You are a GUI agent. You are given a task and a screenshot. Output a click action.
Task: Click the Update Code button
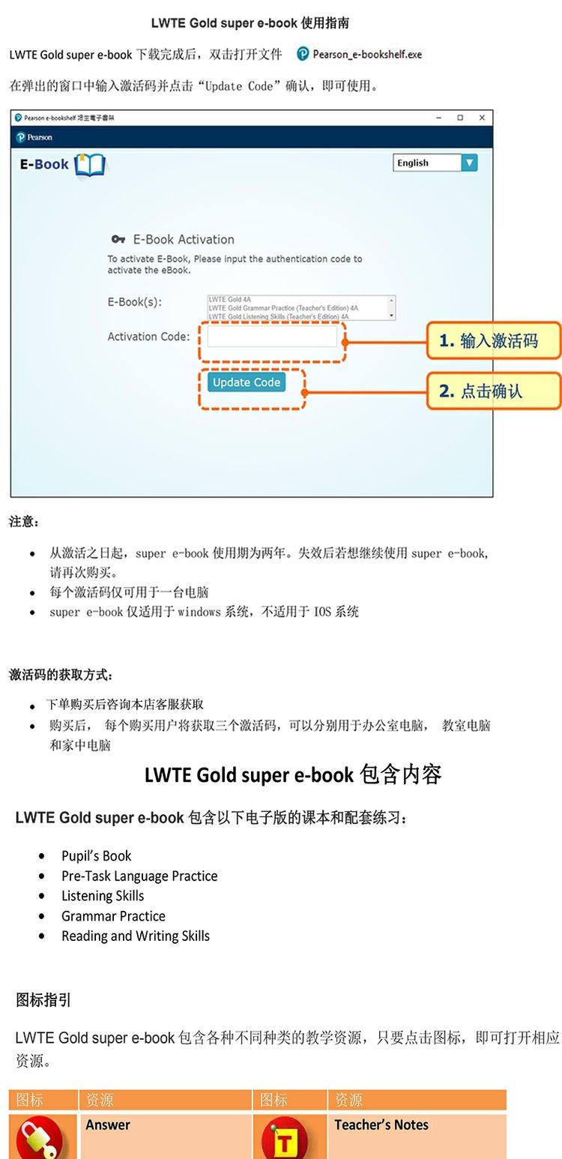pos(247,382)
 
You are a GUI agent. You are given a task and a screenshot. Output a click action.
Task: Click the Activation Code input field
pos(273,337)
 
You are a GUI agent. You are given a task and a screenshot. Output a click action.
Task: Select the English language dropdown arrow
pos(469,163)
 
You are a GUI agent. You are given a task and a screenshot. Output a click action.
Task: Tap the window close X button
pos(482,118)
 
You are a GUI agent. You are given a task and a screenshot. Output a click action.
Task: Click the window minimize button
pos(439,118)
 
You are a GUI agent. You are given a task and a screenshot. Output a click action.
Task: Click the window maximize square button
pos(460,118)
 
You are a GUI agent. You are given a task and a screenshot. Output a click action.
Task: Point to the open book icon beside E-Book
pos(90,165)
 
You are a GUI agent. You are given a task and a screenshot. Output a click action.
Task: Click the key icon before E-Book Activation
pos(118,239)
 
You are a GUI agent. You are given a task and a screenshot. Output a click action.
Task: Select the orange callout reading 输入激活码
pos(494,341)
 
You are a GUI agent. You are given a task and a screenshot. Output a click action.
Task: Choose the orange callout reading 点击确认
pos(494,391)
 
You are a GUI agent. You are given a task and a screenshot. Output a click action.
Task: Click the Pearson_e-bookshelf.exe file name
pos(367,54)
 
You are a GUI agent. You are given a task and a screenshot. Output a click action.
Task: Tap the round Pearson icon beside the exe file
pos(303,54)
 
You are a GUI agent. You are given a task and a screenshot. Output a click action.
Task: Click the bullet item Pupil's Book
pos(96,855)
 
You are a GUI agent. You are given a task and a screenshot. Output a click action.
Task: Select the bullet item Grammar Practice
pos(113,915)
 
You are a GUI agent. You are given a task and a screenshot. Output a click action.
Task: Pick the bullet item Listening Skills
pos(103,896)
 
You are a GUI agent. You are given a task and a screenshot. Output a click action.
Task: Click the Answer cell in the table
pos(108,1125)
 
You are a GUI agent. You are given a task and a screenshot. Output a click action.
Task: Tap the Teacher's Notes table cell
pos(381,1125)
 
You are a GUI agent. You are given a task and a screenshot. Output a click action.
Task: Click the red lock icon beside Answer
pos(41,1138)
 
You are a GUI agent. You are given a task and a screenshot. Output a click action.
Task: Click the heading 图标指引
pos(43,1000)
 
